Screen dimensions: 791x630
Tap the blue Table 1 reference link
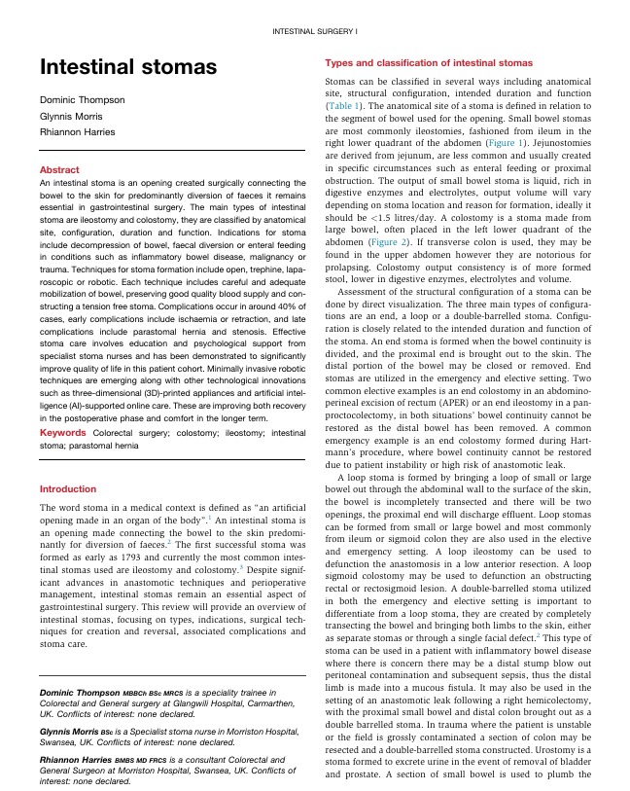click(x=345, y=105)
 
